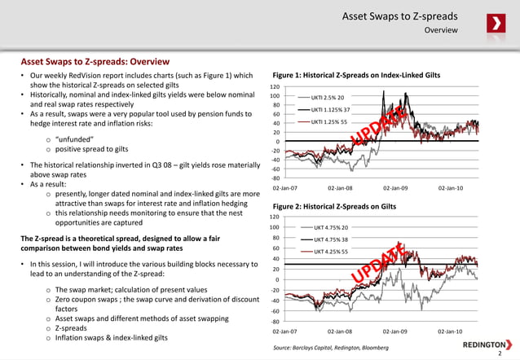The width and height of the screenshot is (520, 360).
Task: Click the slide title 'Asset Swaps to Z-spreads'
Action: pyautogui.click(x=399, y=16)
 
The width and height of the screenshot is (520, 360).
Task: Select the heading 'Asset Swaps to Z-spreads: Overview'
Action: pyautogui.click(x=95, y=62)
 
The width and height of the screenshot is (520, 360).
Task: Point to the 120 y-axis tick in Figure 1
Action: pyautogui.click(x=275, y=86)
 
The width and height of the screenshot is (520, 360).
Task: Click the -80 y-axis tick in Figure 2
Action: pyautogui.click(x=275, y=321)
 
